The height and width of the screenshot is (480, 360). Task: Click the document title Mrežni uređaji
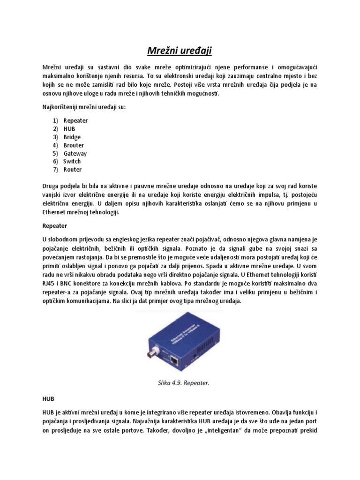click(x=180, y=49)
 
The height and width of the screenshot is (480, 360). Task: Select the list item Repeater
click(x=75, y=120)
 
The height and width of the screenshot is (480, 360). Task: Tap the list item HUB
click(x=69, y=129)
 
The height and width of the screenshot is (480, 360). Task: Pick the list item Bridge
click(x=72, y=137)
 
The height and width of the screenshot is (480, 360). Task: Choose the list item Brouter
click(x=74, y=145)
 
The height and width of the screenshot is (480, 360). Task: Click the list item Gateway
click(x=75, y=153)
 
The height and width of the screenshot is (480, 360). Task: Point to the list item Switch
click(x=72, y=161)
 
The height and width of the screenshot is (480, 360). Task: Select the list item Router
click(x=72, y=170)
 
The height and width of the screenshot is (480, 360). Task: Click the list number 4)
click(x=55, y=145)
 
